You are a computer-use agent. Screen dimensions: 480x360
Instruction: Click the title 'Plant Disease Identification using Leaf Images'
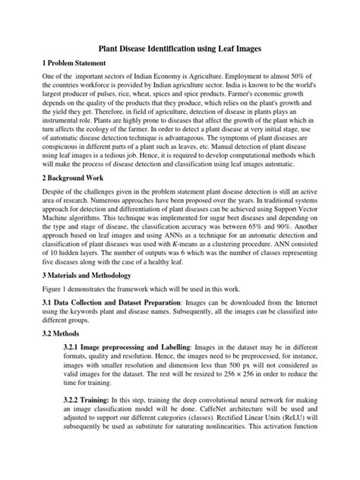[180, 48]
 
